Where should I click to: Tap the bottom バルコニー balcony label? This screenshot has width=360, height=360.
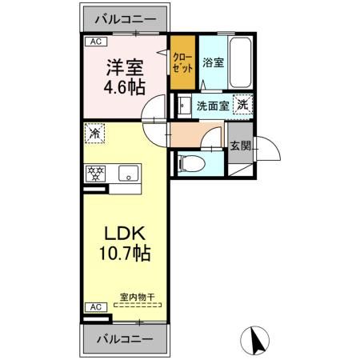pyautogui.click(x=126, y=338)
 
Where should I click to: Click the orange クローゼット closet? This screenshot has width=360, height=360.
pyautogui.click(x=182, y=62)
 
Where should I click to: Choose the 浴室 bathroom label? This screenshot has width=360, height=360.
pyautogui.click(x=214, y=62)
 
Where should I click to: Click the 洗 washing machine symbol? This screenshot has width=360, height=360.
pyautogui.click(x=242, y=104)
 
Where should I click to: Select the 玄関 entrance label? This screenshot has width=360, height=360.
pyautogui.click(x=239, y=146)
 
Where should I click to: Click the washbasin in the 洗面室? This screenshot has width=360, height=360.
pyautogui.click(x=184, y=105)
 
